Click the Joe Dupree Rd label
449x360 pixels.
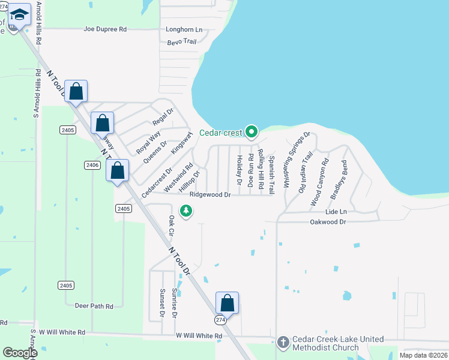106,29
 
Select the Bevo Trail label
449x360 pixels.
182,41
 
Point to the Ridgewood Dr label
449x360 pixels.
210,195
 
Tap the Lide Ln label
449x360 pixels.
336,212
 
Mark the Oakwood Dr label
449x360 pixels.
328,222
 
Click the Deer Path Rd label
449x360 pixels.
94,306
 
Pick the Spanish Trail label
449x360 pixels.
271,174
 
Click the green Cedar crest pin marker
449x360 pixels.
251,131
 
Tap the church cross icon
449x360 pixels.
283,341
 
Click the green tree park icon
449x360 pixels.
187,211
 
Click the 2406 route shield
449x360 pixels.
92,165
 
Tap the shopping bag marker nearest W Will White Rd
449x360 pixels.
228,303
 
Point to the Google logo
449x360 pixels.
20,353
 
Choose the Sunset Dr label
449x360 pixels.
162,303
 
